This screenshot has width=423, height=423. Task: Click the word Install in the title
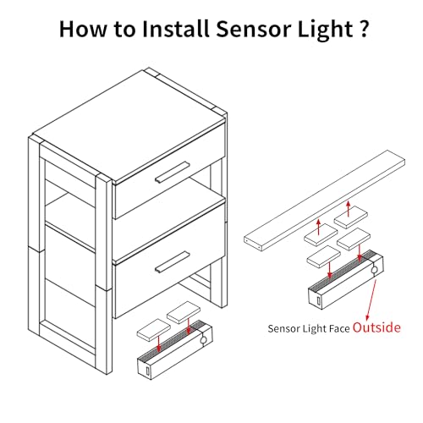175,29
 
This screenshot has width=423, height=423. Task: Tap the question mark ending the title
364,29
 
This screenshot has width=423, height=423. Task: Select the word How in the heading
83,29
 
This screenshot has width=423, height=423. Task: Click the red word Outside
376,327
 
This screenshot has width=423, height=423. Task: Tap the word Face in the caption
340,329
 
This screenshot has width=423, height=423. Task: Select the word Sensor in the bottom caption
283,329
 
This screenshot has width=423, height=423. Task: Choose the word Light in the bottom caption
315,329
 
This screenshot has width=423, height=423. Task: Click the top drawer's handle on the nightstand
173,172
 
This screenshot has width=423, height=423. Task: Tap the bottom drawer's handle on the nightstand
173,262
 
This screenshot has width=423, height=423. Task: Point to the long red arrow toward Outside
371,299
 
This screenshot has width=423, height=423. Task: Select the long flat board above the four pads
325,201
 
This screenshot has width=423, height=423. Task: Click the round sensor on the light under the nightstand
203,340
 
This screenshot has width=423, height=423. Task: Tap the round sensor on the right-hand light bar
374,270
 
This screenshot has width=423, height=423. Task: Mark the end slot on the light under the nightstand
148,371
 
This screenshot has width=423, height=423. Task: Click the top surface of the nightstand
129,125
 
